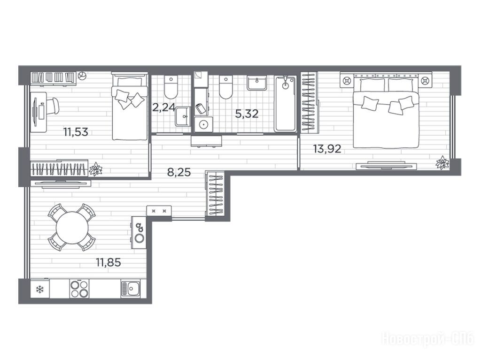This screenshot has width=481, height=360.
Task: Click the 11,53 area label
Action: (x=76, y=132)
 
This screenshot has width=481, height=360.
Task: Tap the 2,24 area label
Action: (x=163, y=107)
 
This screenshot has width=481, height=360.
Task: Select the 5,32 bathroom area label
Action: (x=247, y=114)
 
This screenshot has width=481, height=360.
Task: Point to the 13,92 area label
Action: (x=327, y=149)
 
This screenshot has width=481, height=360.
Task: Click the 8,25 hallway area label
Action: (x=179, y=172)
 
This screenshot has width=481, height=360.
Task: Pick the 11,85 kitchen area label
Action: (x=109, y=262)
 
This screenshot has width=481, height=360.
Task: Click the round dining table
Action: (x=72, y=228)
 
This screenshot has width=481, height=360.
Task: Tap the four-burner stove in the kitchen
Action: (x=79, y=288)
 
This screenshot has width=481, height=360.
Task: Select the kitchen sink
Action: (x=131, y=289)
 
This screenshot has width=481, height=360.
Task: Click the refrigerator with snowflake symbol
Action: (x=40, y=289)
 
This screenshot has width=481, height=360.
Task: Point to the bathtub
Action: (x=286, y=104)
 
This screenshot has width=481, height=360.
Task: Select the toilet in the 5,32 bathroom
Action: (x=226, y=87)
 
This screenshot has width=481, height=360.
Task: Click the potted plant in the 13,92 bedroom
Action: (x=442, y=162)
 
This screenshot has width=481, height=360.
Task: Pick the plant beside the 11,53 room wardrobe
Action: (x=95, y=169)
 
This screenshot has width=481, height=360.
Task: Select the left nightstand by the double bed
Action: (x=347, y=80)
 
